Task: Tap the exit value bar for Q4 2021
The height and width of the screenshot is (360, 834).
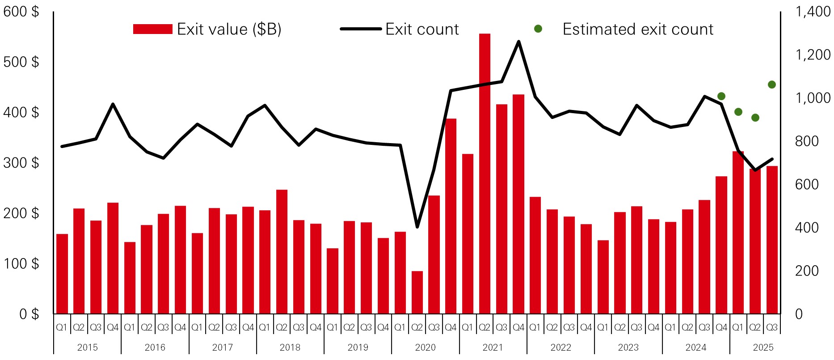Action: click(518, 204)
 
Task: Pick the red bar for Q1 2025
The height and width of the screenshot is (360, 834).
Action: click(738, 233)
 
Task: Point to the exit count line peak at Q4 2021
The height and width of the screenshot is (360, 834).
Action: click(518, 42)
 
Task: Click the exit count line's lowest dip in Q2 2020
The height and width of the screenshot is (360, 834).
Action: click(417, 227)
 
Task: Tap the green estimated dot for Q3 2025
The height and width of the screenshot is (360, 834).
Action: click(772, 85)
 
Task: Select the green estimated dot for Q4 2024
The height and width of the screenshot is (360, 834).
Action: click(721, 96)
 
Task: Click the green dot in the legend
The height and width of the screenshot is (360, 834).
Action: click(538, 29)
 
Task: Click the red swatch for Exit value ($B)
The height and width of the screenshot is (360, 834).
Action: click(152, 29)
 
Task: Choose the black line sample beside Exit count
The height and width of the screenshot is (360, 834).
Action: click(361, 29)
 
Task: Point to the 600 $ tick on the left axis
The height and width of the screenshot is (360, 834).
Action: click(21, 12)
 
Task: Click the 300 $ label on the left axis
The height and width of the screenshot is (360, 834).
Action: click(21, 163)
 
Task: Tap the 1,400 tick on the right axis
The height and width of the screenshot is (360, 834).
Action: click(813, 12)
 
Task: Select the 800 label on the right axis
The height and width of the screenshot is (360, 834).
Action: click(807, 141)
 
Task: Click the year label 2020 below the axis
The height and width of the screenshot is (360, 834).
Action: click(425, 347)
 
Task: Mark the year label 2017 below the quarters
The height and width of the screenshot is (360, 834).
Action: click(223, 347)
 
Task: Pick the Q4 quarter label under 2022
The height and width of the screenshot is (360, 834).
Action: click(586, 327)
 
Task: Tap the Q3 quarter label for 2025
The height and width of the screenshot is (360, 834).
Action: click(772, 327)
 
